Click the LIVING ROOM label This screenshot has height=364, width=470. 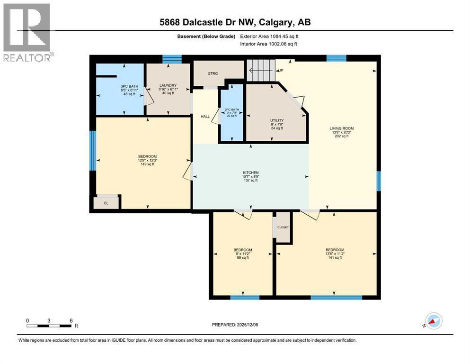pyautogui.click(x=342, y=128)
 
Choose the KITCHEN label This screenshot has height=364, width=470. pyautogui.click(x=251, y=173)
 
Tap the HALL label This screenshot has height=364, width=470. pyautogui.click(x=205, y=116)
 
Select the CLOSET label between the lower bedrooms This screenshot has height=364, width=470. pyautogui.click(x=283, y=227)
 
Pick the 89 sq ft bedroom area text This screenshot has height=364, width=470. pyautogui.click(x=242, y=258)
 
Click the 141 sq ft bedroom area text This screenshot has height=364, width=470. pyautogui.click(x=335, y=258)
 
